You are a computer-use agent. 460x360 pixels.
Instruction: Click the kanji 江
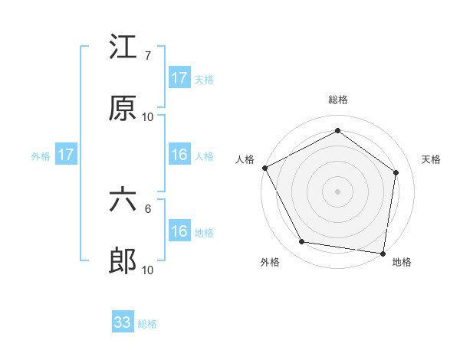click(x=123, y=47)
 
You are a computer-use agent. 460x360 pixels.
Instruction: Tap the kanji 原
click(x=123, y=108)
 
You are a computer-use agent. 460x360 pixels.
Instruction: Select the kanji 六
click(x=123, y=200)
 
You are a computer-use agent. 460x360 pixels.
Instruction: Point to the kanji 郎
click(x=123, y=261)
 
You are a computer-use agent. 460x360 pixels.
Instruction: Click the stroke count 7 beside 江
click(x=147, y=56)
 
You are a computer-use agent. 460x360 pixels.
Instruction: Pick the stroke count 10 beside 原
click(x=148, y=117)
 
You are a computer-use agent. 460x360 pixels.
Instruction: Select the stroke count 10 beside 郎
click(x=148, y=270)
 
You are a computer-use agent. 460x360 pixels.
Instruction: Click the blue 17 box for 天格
click(x=179, y=78)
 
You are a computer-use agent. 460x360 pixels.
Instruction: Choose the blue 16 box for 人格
click(x=179, y=155)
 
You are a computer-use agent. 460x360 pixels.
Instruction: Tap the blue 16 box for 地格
click(x=179, y=231)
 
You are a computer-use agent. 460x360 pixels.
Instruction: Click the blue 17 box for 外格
click(x=66, y=155)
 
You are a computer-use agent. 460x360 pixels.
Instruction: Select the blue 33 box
click(x=123, y=322)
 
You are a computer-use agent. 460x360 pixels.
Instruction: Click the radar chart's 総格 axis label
click(x=338, y=100)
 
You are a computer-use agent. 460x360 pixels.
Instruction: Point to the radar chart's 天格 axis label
click(x=431, y=159)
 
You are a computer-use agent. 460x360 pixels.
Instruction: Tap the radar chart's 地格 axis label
click(x=402, y=263)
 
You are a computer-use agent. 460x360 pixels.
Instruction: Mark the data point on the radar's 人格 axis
click(x=264, y=168)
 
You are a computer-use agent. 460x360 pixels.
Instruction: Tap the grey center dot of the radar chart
click(x=338, y=191)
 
